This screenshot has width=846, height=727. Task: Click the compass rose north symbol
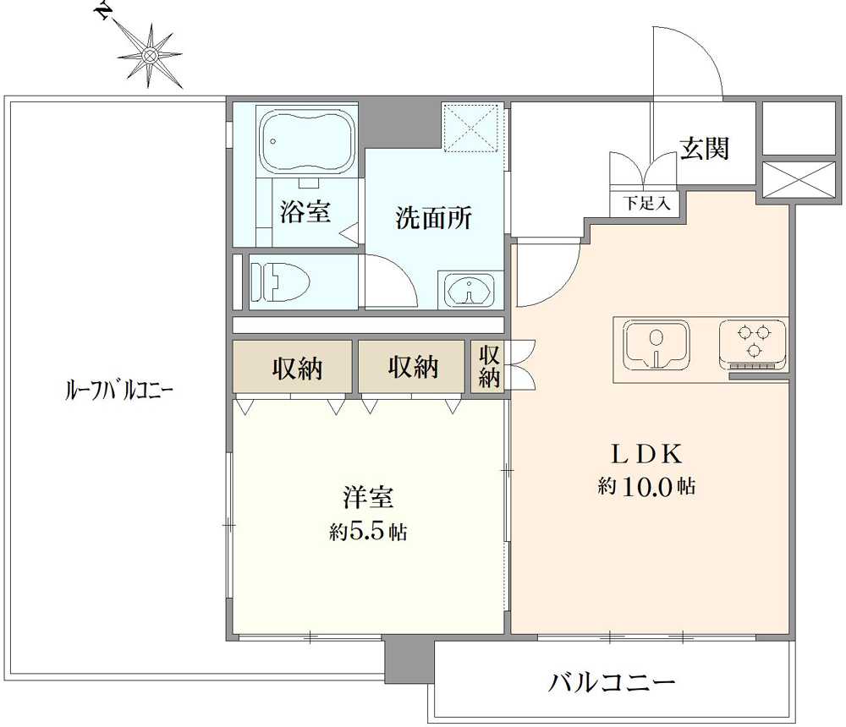tap(149, 55)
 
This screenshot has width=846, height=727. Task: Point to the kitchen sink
tap(656, 345)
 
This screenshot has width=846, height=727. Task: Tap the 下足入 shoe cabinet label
tap(646, 203)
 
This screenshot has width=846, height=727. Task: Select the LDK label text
tap(646, 454)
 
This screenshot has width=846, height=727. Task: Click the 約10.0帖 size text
tap(646, 487)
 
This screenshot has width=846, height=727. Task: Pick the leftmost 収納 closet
tap(292, 367)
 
